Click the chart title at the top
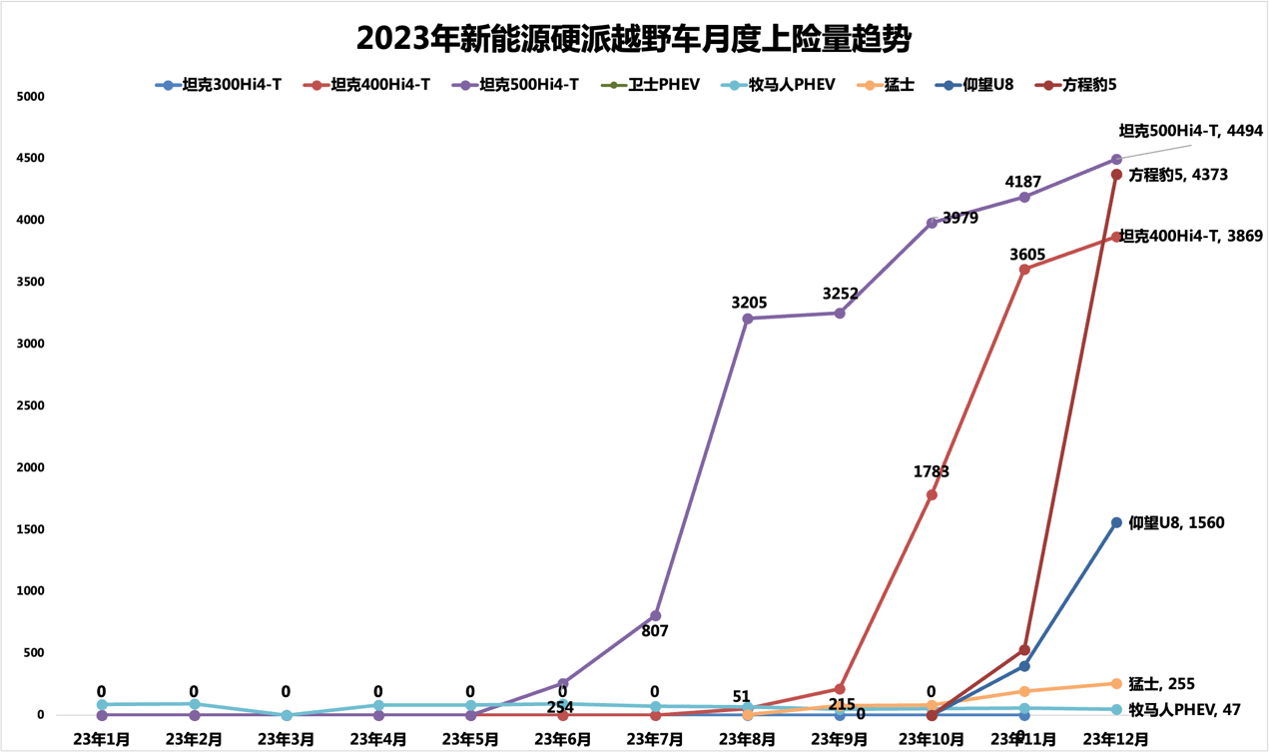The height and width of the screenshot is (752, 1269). (634, 39)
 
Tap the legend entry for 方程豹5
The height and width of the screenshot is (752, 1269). (1077, 86)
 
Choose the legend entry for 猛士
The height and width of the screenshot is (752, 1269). (886, 86)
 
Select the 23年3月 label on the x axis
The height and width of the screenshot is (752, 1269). (286, 739)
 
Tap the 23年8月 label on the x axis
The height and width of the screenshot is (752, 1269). (748, 739)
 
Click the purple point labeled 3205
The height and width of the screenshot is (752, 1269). (748, 319)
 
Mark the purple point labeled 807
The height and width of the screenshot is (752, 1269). (655, 615)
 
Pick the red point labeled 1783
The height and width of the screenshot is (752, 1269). (932, 494)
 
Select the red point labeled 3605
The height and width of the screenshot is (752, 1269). (1024, 270)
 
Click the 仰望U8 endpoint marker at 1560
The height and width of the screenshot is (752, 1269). (1116, 522)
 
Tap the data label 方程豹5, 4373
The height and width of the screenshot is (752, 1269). (1178, 175)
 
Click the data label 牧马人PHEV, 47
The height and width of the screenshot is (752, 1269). (1184, 710)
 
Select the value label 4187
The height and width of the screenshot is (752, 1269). (1023, 182)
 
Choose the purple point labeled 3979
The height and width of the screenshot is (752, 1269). (932, 223)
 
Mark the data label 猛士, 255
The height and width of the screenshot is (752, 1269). (1161, 684)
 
